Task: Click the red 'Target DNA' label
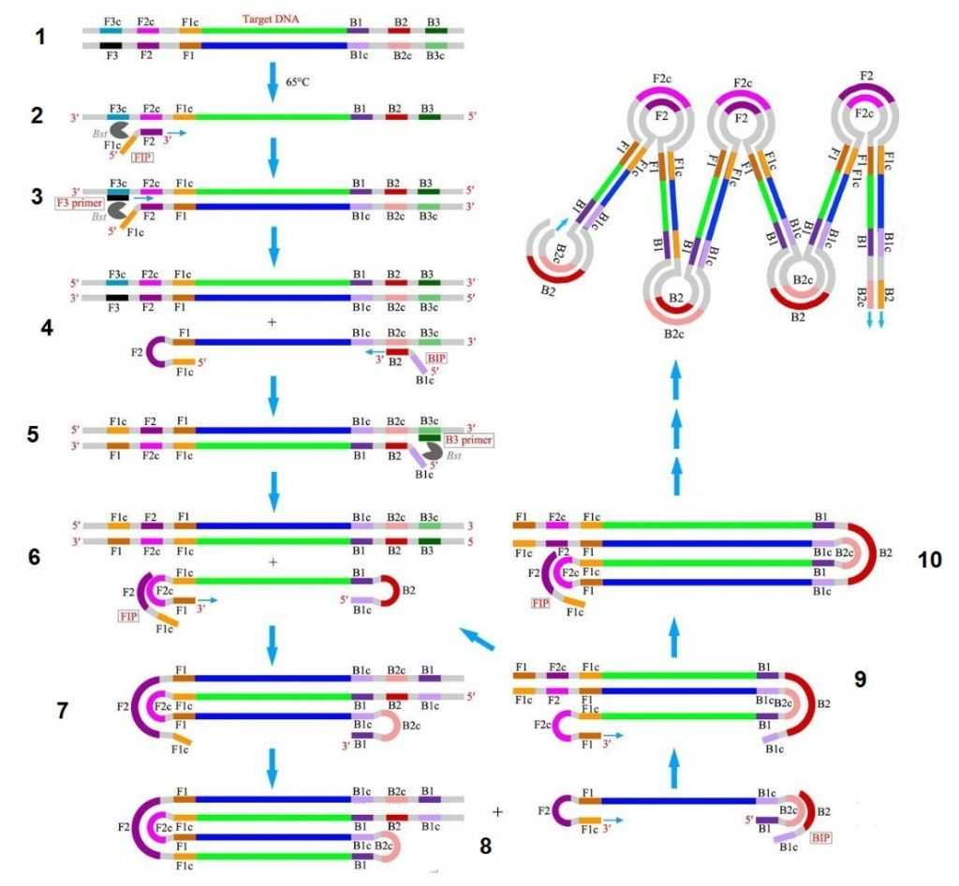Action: pos(271,19)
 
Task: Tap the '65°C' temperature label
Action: pos(299,82)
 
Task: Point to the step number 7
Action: pos(63,709)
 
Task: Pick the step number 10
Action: pos(929,559)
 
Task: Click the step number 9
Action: pos(860,679)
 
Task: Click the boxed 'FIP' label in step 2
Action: pos(143,158)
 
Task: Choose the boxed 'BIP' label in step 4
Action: pos(436,358)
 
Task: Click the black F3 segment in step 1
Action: pos(111,44)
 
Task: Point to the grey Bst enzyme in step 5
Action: pos(433,451)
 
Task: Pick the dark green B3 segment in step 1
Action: pos(435,31)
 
